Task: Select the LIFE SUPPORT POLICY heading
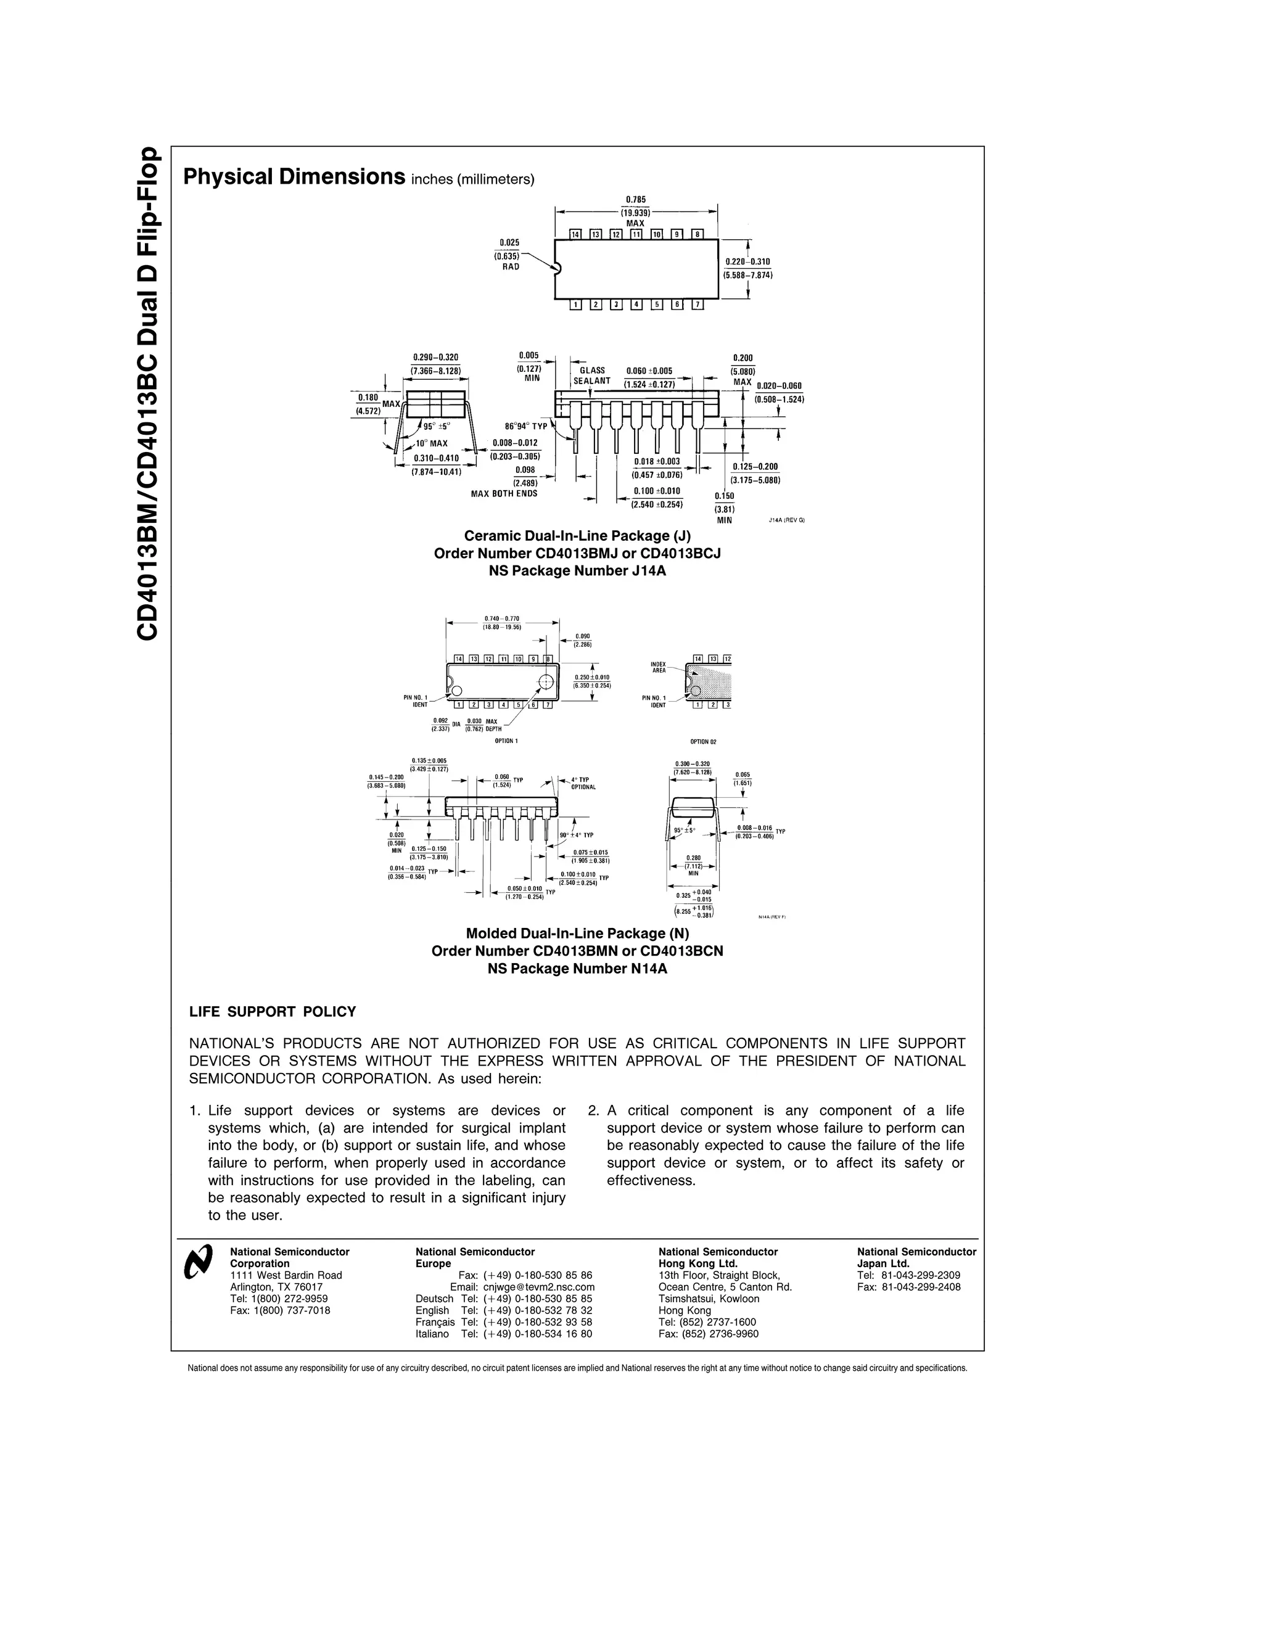coord(273,1011)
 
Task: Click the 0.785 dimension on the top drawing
coord(635,200)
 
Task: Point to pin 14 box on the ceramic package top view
coord(575,234)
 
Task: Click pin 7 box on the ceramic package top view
coord(697,305)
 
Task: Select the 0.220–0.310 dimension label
coord(747,261)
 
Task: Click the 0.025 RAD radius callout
coord(509,255)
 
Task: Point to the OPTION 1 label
coord(506,741)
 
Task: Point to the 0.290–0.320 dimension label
coord(435,357)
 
